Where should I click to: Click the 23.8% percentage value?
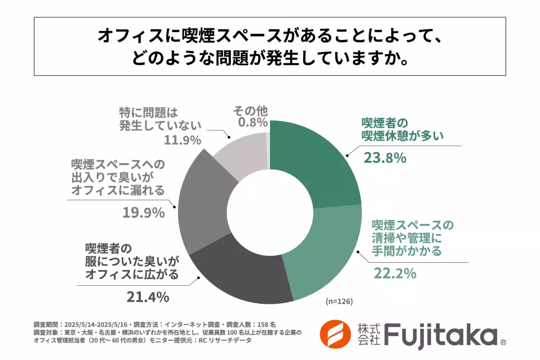385,158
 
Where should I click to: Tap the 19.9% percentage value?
143,212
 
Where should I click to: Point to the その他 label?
250,110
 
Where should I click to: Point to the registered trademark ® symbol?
503,343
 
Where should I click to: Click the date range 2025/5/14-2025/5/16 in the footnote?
96,324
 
